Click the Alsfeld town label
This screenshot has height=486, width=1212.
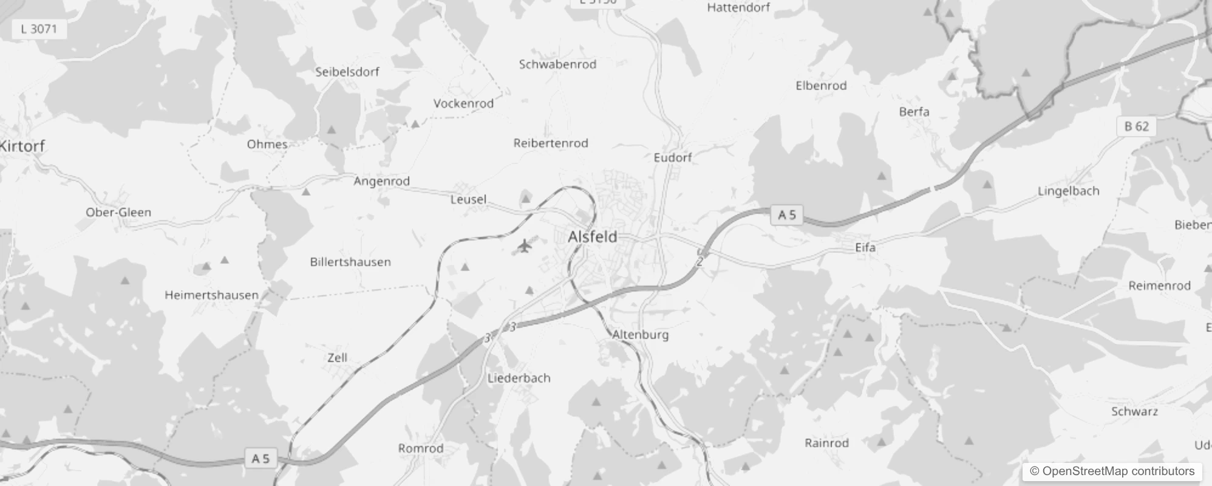click(x=592, y=237)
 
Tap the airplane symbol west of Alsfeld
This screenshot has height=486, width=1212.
click(x=525, y=246)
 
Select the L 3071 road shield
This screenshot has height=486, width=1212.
click(x=39, y=29)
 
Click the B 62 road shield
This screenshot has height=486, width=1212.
click(x=1136, y=126)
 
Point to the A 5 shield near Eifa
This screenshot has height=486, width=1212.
click(x=787, y=214)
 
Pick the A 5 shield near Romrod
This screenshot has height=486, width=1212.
click(x=260, y=458)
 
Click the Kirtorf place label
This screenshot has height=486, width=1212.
click(x=22, y=146)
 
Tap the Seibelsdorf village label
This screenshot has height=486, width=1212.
click(x=347, y=72)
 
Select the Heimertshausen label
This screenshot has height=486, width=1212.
click(x=211, y=295)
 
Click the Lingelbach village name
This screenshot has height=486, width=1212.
click(x=1068, y=191)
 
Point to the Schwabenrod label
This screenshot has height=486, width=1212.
click(x=557, y=64)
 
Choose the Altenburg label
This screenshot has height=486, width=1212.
click(x=640, y=335)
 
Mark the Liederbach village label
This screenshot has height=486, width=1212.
click(x=519, y=378)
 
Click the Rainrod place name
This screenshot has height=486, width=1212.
click(x=826, y=443)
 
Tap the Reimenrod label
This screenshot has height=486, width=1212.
click(x=1159, y=286)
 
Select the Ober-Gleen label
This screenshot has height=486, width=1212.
click(x=118, y=212)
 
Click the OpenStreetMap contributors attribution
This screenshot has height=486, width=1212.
click(x=1112, y=471)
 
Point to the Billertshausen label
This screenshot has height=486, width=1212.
click(x=350, y=262)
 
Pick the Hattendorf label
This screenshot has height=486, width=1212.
click(x=738, y=7)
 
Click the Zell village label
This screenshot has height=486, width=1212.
click(x=337, y=358)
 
